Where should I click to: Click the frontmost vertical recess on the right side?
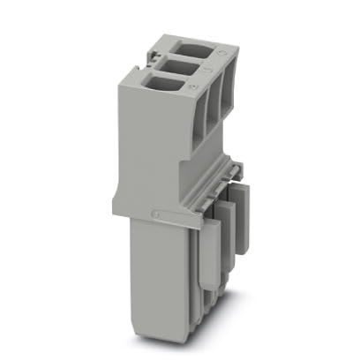pyautogui.click(x=200, y=119)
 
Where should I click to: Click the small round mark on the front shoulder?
pyautogui.click(x=157, y=214)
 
